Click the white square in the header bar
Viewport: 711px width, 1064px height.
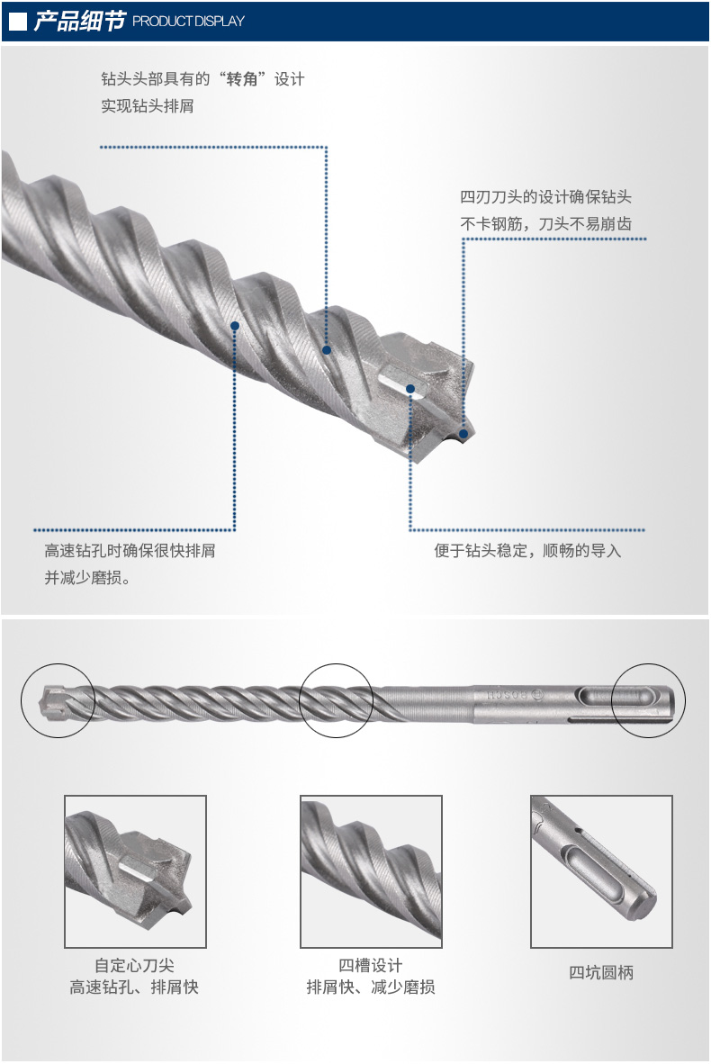pos(18,22)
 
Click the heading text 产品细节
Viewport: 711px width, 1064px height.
pos(79,21)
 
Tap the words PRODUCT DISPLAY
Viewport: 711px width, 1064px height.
pos(188,22)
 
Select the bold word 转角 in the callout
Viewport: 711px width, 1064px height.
pos(242,79)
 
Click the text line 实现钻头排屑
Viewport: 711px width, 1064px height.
pos(148,106)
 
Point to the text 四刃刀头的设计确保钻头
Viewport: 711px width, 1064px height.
pos(545,197)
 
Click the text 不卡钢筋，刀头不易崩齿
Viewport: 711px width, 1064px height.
pos(545,224)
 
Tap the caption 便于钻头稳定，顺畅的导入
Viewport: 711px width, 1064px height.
pos(527,550)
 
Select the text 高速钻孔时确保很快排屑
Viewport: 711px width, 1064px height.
pos(130,550)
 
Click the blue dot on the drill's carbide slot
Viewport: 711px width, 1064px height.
pos(410,389)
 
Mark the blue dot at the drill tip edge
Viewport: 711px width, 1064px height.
pos(463,434)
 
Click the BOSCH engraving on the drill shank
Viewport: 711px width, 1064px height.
pos(514,696)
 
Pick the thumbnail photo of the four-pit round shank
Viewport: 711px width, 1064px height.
pos(601,871)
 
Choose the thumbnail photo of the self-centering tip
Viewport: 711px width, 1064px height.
pos(135,871)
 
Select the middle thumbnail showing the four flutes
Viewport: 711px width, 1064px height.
pos(371,871)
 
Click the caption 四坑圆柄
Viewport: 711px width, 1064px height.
pos(601,972)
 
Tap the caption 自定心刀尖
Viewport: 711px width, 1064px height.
pos(134,965)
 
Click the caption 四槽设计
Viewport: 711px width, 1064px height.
pos(371,965)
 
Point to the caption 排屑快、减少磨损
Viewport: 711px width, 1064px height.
pos(371,987)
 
